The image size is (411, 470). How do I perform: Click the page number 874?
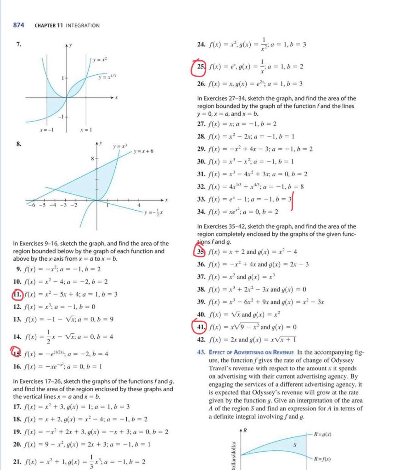(x=18, y=25)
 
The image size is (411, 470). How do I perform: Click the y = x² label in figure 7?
(x=100, y=60)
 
